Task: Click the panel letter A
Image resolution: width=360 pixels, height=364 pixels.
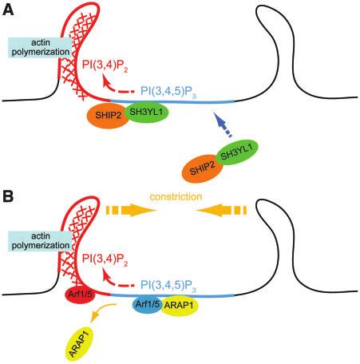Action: click(8, 10)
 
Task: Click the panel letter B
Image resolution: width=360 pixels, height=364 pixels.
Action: click(8, 197)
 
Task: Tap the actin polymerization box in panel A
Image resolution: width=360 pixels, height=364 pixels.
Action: click(40, 47)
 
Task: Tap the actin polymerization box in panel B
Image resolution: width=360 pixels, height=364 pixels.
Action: click(40, 241)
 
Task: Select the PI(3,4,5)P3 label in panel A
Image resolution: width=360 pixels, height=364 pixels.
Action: click(168, 91)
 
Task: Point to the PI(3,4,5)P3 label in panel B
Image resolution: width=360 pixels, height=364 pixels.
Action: click(168, 285)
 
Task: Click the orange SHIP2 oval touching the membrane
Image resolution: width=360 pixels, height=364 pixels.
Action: click(108, 115)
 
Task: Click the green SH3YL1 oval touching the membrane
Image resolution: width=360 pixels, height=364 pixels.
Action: click(145, 112)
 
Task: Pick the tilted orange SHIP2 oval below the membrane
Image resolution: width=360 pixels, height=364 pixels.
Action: click(202, 168)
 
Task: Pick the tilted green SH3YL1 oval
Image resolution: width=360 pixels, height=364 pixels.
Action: click(237, 152)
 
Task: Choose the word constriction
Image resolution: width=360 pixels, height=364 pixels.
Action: click(176, 197)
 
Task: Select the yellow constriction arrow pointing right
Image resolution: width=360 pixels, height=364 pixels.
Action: click(131, 210)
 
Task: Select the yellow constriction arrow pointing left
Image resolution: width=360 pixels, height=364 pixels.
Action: click(221, 210)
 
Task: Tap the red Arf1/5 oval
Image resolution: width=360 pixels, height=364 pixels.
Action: click(80, 295)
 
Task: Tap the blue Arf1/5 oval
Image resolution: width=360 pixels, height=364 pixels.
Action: click(148, 304)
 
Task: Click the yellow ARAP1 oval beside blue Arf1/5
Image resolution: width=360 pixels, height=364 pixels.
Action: click(179, 305)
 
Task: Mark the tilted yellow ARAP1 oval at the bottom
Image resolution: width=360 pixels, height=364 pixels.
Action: click(79, 344)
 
